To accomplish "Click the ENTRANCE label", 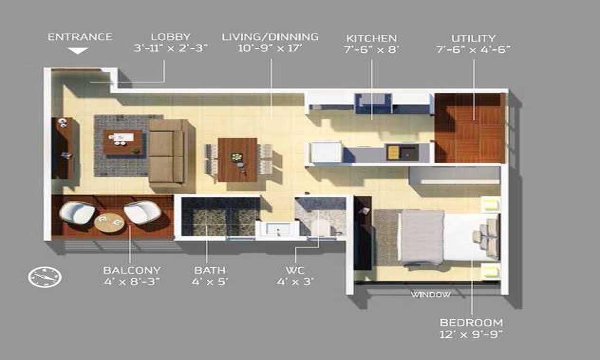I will tap(80, 37).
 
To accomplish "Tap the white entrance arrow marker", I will tap(78, 51).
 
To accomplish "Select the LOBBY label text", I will tap(170, 37).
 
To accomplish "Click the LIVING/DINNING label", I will tap(270, 37).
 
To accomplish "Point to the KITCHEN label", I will tap(371, 38).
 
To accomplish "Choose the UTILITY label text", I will tap(473, 38).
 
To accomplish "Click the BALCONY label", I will tap(131, 271).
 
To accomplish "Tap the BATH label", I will tap(209, 271).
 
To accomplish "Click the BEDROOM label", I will tap(471, 323).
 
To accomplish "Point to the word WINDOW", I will tap(430, 295).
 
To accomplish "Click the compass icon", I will tap(45, 276).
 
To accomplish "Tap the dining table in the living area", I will tap(238, 159).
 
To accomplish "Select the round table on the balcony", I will tap(110, 223).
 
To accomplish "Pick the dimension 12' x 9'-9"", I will tap(471, 334).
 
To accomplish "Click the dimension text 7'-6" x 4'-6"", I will tap(473, 50).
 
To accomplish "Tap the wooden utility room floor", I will tap(470, 128).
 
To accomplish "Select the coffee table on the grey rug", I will tap(123, 142).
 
